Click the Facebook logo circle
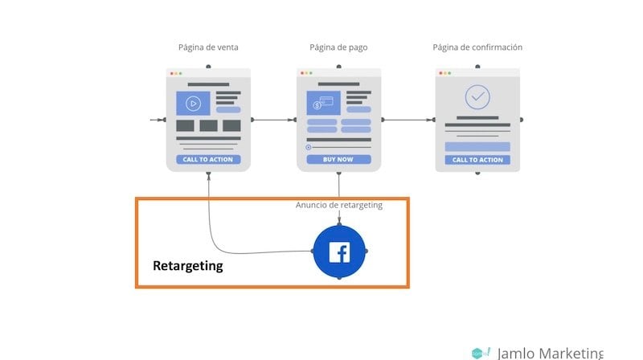pos(339,252)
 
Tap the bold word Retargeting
pos(188,265)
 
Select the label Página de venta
pos(208,47)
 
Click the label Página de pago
pos(338,47)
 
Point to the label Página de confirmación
pos(477,47)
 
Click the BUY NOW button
pos(338,159)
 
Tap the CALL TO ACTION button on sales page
pos(208,159)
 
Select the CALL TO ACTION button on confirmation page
pos(477,159)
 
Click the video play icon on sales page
pos(193,103)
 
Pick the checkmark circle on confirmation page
pos(477,97)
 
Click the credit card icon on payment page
pos(323,103)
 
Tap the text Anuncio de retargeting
pos(339,205)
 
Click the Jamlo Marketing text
pos(549,353)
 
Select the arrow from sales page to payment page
pos(273,121)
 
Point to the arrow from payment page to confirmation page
pos(408,121)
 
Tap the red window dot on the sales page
pos(170,73)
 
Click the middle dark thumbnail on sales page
pos(208,125)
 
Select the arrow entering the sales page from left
pos(157,121)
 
